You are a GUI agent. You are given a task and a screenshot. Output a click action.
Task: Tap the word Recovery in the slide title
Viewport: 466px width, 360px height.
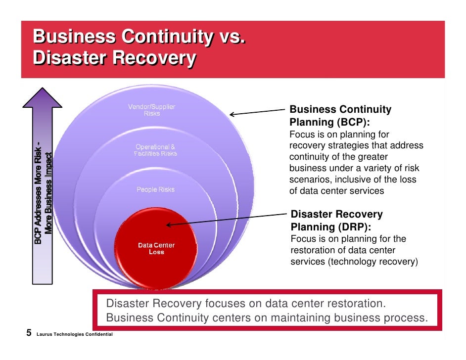[x=153, y=58]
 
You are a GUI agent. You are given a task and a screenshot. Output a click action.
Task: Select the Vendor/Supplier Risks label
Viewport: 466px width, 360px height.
[x=151, y=110]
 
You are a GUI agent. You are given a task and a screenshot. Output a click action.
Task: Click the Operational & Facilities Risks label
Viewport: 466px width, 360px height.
[x=155, y=150]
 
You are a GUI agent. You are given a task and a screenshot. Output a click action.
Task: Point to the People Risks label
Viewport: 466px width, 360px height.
[x=155, y=189]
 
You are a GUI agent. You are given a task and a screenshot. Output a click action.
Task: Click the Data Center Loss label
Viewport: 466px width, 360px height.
[x=156, y=249]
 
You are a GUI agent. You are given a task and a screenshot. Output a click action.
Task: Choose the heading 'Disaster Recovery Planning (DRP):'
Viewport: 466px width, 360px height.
[x=336, y=221]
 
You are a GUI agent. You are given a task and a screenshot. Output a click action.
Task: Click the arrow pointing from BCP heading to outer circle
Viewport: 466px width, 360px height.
[x=257, y=112]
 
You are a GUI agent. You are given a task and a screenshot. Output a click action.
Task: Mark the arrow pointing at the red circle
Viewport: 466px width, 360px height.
[x=228, y=219]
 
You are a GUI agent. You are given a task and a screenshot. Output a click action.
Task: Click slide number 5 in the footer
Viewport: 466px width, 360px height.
[x=29, y=333]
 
